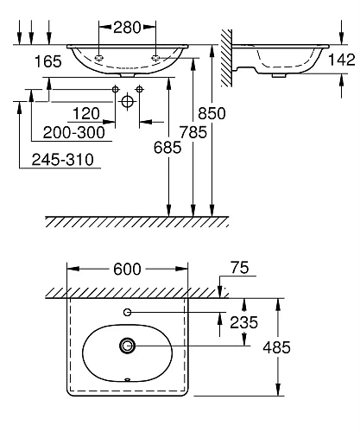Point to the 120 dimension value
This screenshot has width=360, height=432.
(x=86, y=114)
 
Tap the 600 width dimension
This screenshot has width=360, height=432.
(x=126, y=269)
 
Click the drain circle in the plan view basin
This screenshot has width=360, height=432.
(x=128, y=346)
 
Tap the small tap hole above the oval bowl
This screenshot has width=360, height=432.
(x=128, y=311)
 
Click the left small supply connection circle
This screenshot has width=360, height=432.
(x=115, y=90)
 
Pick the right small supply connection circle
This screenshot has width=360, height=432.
(x=140, y=90)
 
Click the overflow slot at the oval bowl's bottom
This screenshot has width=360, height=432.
(x=128, y=378)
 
